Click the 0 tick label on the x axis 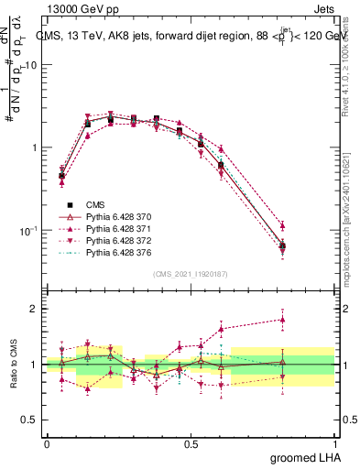[47, 443]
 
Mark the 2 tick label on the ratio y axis [34, 309]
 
